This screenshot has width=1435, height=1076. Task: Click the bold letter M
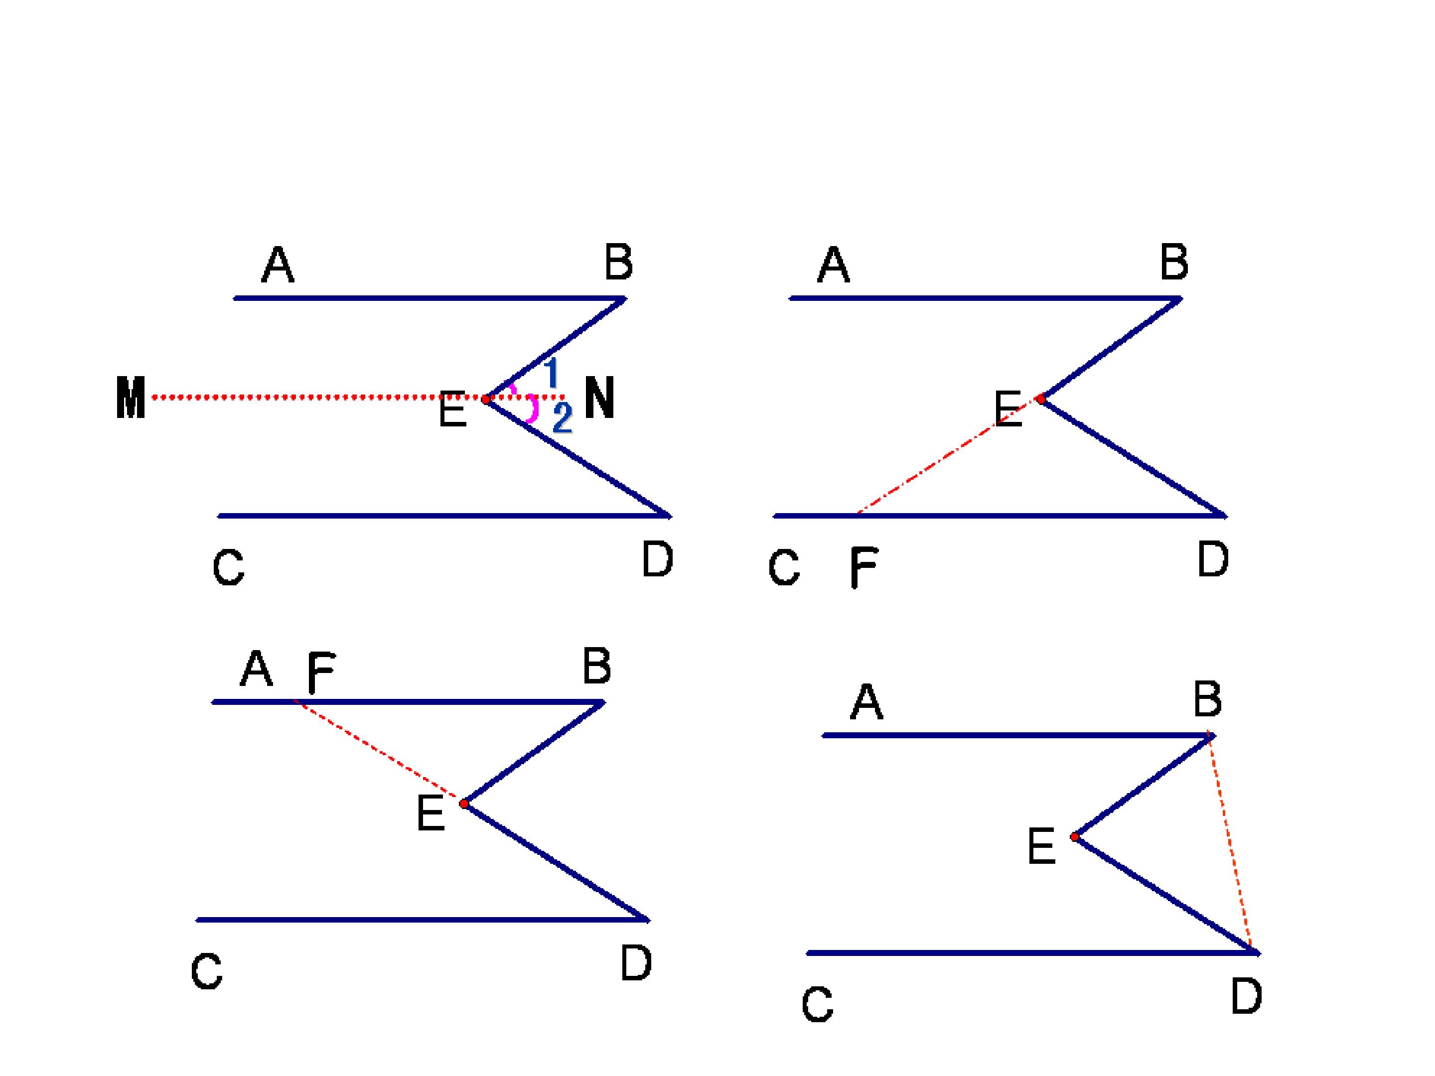(131, 398)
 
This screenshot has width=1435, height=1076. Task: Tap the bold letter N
(599, 398)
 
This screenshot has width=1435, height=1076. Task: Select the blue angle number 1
(552, 373)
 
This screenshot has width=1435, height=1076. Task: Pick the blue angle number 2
(563, 417)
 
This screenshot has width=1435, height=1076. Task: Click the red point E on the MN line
(486, 400)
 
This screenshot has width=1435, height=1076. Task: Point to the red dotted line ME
(318, 397)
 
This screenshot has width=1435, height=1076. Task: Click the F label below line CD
(863, 567)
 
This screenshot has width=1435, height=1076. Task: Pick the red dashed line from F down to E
(379, 752)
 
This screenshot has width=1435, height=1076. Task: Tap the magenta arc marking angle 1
(513, 389)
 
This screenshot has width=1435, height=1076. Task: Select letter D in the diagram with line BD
(1246, 996)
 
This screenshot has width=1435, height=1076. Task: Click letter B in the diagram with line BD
(1207, 700)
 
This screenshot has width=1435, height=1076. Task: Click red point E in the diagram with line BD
(1075, 837)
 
